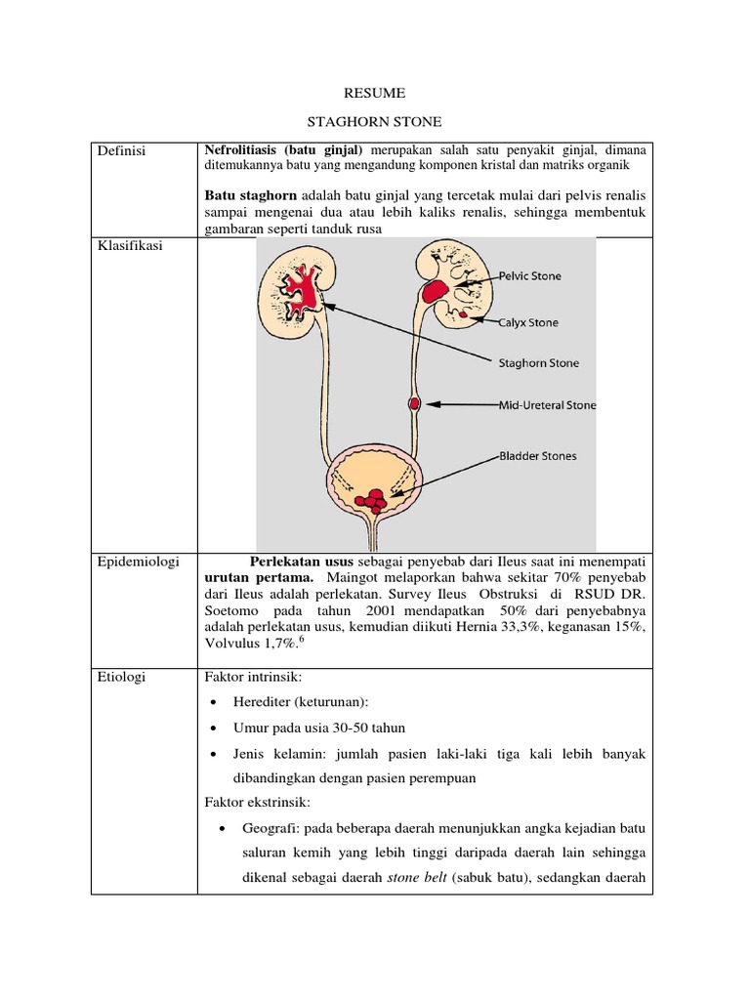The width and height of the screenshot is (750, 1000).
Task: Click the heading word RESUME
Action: (x=375, y=93)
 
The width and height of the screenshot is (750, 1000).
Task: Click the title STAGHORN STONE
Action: (x=375, y=122)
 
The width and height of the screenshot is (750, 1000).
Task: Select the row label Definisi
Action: (x=121, y=151)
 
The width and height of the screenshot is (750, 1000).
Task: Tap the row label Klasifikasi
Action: (x=129, y=246)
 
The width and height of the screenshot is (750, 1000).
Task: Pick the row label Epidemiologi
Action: (x=135, y=562)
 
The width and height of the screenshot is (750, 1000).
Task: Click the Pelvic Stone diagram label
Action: (x=530, y=276)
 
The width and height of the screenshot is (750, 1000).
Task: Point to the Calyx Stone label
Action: (x=528, y=321)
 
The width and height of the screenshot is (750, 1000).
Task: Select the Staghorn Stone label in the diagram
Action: (x=539, y=363)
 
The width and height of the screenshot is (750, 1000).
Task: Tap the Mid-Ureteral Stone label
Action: (x=547, y=404)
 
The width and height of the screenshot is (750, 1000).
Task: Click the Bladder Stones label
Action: (x=538, y=455)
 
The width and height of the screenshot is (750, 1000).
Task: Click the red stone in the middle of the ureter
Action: (x=414, y=403)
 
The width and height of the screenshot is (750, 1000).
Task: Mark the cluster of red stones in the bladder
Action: (x=372, y=500)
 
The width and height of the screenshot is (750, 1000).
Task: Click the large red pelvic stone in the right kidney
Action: (x=436, y=289)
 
